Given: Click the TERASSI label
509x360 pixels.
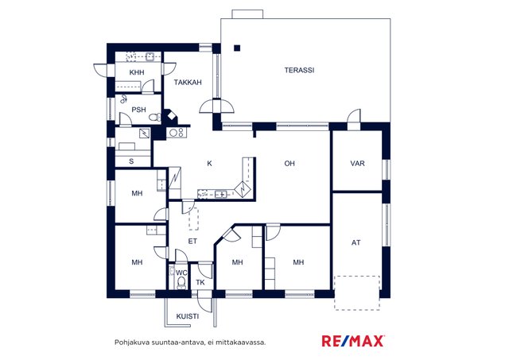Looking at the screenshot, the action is (299, 70).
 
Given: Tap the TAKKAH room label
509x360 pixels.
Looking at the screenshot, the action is (188, 83).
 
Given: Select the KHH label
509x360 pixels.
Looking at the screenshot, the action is (137, 72).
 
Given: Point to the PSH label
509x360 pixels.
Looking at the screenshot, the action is (138, 110).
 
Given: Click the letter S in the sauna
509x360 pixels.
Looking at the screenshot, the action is (131, 161).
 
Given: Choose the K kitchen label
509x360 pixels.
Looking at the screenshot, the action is (209, 164).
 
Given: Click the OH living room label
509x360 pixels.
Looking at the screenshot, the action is (289, 164).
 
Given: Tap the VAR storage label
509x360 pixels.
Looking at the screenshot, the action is (357, 164).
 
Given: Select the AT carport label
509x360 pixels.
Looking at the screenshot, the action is (356, 242).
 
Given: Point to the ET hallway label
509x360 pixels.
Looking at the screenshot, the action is (192, 242).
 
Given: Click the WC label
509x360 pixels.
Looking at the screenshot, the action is (181, 273).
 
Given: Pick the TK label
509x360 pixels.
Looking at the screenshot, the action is (200, 282).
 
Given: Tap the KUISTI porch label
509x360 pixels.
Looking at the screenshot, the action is (188, 316).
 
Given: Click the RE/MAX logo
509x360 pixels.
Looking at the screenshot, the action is (353, 341).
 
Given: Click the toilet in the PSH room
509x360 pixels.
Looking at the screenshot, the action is (155, 117).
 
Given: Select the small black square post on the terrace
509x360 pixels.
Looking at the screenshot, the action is (237, 48).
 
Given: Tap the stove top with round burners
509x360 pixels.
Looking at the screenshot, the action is (177, 133).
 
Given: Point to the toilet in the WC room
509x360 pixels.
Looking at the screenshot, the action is (181, 282).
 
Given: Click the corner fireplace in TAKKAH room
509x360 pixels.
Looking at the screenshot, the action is (171, 117).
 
